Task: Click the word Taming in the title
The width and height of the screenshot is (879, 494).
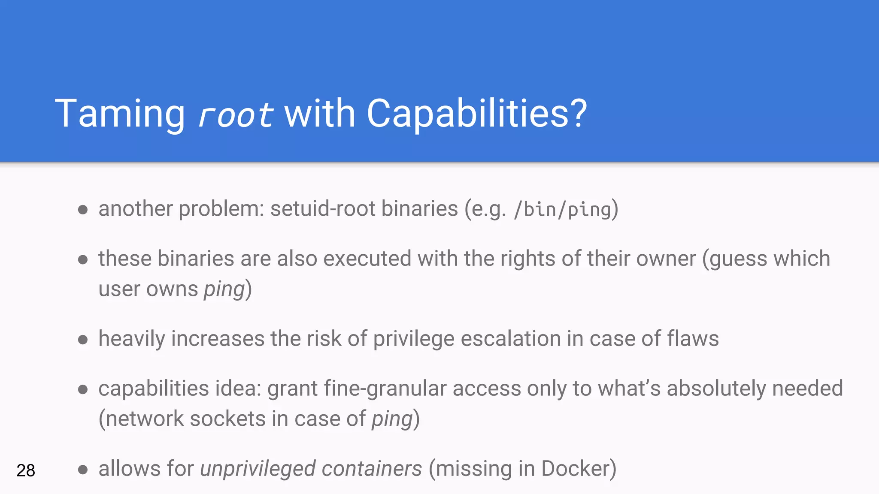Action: tap(120, 114)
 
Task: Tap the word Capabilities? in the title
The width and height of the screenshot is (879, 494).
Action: tap(476, 114)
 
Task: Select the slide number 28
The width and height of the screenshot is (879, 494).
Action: tap(26, 470)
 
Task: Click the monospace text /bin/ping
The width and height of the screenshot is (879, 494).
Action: tap(562, 210)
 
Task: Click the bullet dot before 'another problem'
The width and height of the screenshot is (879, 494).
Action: tap(83, 210)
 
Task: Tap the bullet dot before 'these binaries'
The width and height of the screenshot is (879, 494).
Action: tap(83, 259)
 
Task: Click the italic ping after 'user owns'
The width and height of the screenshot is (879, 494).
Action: tap(224, 289)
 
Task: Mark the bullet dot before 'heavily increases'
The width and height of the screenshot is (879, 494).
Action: tap(83, 340)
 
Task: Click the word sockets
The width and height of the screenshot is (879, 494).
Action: tap(227, 419)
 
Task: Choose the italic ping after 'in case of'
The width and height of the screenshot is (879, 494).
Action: tap(392, 419)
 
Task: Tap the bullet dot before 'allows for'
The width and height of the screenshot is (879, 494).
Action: tap(83, 470)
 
